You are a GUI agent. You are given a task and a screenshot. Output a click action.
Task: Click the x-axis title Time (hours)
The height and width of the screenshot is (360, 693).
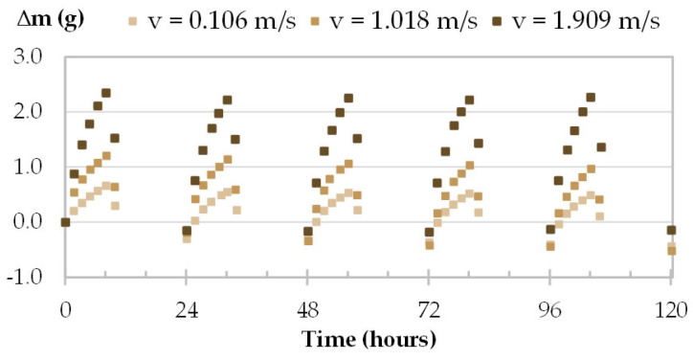369,339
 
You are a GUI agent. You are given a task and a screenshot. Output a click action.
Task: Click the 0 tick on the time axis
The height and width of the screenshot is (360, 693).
65,311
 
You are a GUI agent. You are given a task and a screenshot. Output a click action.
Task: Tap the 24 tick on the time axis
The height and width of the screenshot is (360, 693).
187,311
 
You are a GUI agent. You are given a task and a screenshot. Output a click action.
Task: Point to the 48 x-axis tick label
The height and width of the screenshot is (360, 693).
307,311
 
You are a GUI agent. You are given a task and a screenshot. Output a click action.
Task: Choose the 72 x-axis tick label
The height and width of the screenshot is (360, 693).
429,311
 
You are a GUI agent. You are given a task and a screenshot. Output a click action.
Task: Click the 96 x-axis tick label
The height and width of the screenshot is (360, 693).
549,311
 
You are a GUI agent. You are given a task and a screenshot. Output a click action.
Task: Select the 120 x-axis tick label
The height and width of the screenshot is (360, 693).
670,311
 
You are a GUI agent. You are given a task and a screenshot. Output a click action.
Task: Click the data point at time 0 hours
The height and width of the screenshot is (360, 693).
65,222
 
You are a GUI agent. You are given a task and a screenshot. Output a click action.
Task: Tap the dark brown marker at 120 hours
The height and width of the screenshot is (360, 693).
671,230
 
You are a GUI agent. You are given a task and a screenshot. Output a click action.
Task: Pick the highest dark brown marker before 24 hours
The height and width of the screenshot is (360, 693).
106,93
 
